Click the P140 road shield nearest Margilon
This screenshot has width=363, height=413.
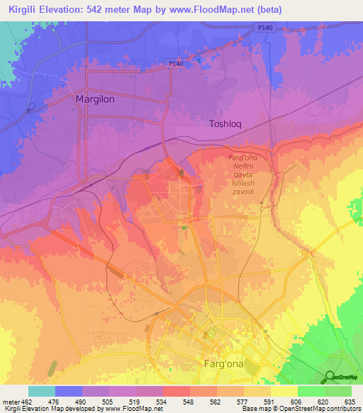tap(176, 64)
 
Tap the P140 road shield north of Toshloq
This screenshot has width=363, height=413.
tap(264, 27)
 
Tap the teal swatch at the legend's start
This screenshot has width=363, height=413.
tap(42, 391)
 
